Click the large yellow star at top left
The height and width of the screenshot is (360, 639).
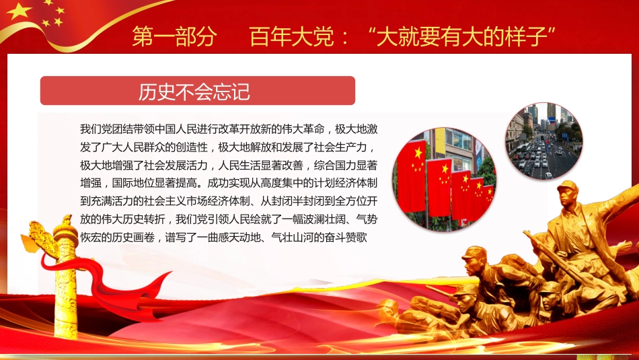coord(20,11)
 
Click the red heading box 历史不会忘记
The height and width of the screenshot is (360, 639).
coord(197,91)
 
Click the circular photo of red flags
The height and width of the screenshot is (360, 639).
coord(444,178)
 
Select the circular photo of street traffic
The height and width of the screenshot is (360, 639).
coord(543,141)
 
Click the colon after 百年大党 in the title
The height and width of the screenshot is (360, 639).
coord(344,37)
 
